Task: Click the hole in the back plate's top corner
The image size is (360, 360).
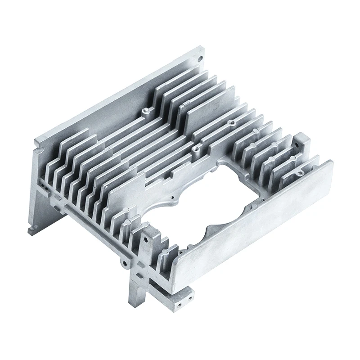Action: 199,58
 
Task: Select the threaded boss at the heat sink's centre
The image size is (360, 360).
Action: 195,148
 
